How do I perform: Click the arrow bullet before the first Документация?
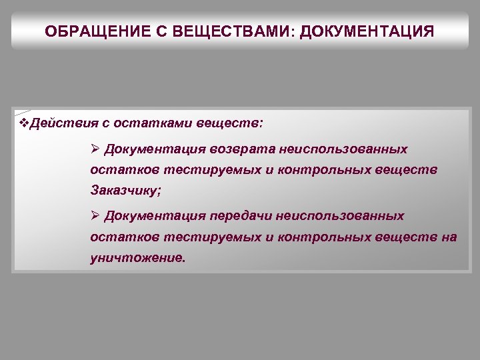pyautogui.click(x=95, y=148)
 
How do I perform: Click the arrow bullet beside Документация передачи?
pyautogui.click(x=95, y=216)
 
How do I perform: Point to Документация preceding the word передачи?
pyautogui.click(x=155, y=216)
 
